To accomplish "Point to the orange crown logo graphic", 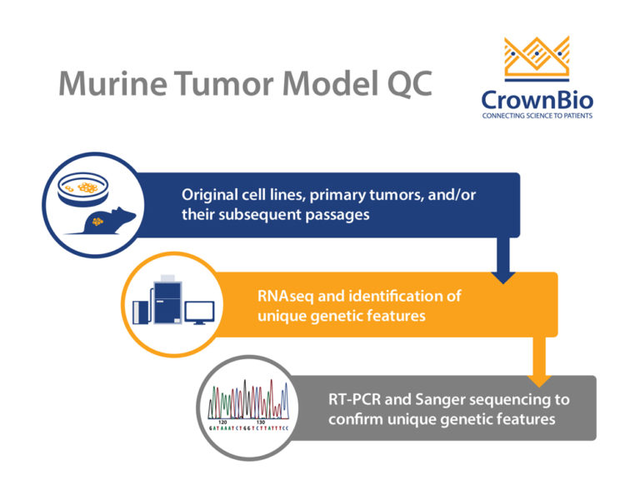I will click(537, 58).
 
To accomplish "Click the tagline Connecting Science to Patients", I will click(537, 116).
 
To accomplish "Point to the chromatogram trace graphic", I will click(251, 399).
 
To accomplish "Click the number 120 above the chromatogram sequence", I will click(222, 422).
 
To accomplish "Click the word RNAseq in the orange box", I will click(289, 297).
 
